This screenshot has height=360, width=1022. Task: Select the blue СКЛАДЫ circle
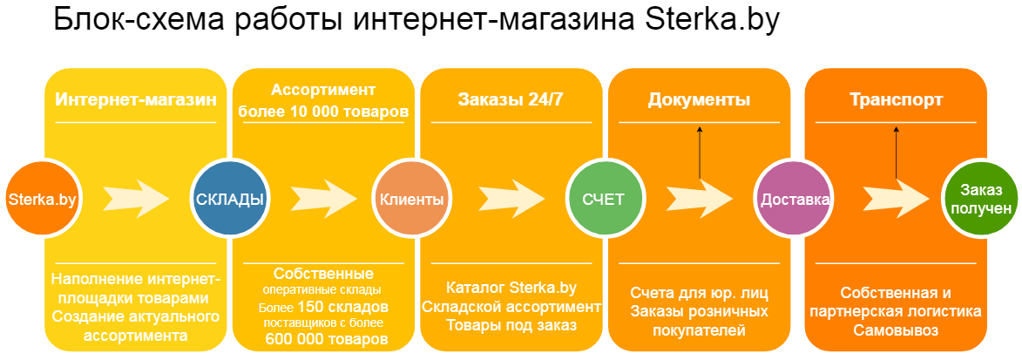click(229, 199)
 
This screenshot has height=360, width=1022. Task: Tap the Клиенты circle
click(411, 199)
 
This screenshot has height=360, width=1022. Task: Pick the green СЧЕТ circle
click(603, 199)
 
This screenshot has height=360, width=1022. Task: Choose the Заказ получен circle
click(981, 199)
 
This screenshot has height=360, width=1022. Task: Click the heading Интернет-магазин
click(135, 99)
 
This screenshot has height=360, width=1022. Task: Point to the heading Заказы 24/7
click(511, 99)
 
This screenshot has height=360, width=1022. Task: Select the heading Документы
click(699, 99)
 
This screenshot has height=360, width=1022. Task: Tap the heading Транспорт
click(896, 99)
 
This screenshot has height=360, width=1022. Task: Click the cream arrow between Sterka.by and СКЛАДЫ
click(136, 197)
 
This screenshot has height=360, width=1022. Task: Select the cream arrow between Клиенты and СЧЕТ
click(511, 197)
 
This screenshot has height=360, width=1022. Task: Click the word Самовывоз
click(896, 330)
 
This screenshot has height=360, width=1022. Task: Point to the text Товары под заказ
click(511, 325)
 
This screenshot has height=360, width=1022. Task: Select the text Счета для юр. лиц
click(699, 292)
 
